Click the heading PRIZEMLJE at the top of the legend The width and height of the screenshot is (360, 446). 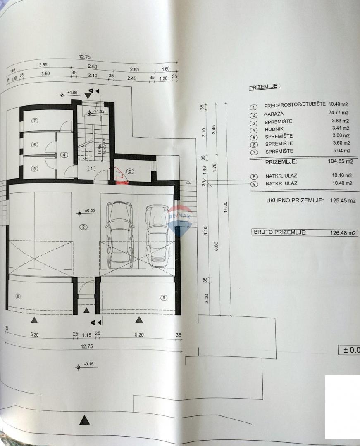point(264,87)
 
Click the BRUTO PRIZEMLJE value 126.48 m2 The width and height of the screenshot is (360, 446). point(343,233)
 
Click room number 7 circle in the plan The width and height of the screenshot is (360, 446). point(35,121)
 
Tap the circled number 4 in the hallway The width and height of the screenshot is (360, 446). point(64,155)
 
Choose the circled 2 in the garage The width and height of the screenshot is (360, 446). point(83,227)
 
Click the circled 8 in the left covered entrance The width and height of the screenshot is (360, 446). point(17,296)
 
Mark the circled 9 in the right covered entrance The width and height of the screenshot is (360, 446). point(164,297)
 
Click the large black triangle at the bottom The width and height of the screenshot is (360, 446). point(85,420)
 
